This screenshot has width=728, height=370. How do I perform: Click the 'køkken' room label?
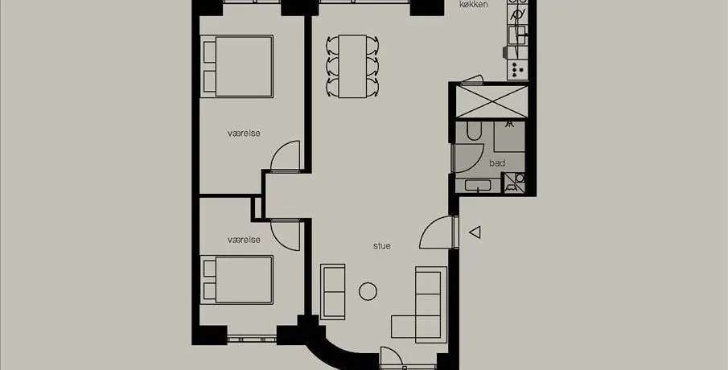click(473, 5)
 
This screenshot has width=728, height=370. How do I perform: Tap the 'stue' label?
click(381, 246)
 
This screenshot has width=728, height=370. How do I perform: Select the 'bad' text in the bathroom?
click(497, 163)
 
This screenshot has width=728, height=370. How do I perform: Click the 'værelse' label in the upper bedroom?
click(244, 134)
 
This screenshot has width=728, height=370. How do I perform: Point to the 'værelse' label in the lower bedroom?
click(244, 240)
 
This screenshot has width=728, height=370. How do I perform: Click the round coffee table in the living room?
click(368, 291)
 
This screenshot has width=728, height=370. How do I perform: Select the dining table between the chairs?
click(352, 67)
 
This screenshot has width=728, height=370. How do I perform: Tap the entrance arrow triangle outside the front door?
click(475, 232)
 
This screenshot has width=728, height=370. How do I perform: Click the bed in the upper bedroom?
click(236, 66)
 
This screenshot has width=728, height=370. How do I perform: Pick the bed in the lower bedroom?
click(236, 279)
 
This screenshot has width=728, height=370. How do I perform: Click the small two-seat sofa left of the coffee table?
click(333, 291)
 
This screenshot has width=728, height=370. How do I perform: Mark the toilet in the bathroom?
click(474, 130)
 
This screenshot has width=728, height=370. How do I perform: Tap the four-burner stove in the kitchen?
click(517, 70)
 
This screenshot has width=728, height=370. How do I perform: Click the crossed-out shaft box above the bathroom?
click(492, 101)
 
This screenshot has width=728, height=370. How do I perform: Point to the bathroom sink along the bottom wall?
click(478, 186)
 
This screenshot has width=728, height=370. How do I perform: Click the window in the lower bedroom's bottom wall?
click(252, 339)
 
